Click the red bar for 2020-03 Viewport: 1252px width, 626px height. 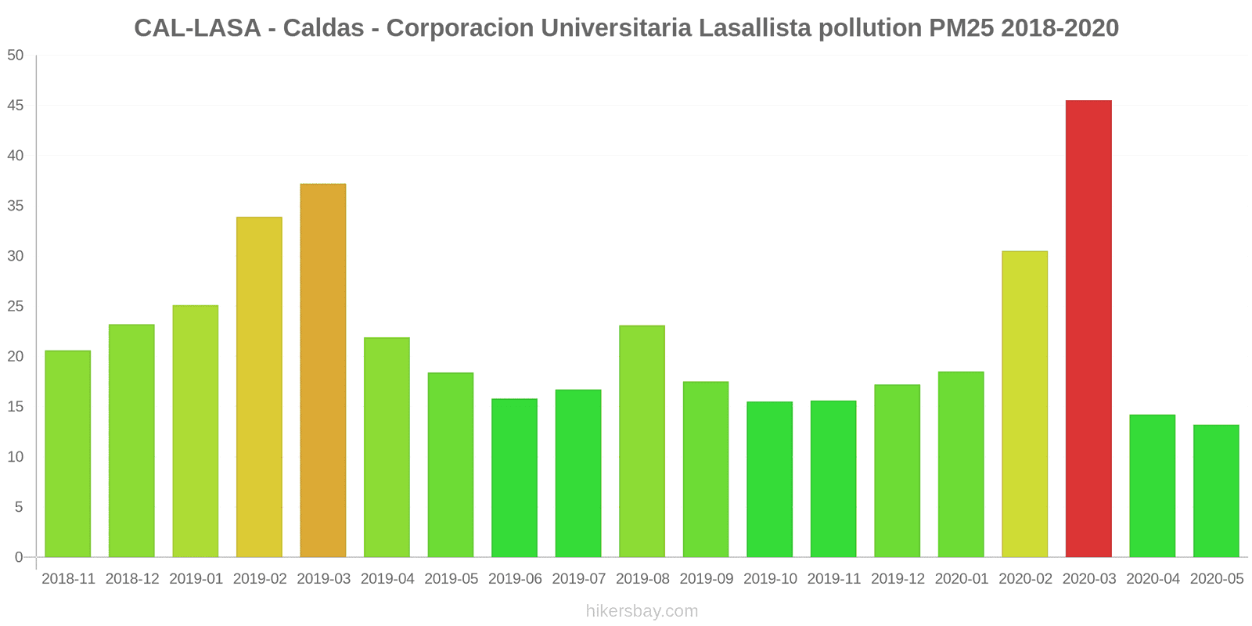(1088, 329)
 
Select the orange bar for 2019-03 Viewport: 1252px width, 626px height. (323, 371)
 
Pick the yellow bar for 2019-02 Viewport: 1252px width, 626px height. (259, 387)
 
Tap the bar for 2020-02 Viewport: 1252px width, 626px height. (1024, 405)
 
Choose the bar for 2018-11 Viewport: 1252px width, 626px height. (68, 454)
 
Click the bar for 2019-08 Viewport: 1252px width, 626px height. (642, 441)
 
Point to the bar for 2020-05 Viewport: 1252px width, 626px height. (1216, 491)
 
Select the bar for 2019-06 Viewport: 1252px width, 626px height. (514, 478)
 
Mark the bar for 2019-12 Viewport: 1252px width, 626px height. (897, 471)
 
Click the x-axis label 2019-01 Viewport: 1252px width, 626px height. (196, 579)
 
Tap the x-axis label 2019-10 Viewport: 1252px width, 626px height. (770, 579)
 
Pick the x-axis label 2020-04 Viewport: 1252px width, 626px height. (1153, 579)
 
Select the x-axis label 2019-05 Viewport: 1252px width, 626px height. (451, 579)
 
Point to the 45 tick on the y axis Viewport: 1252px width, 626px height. (16, 106)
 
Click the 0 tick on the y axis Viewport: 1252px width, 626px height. (19, 557)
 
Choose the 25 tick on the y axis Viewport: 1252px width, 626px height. (16, 306)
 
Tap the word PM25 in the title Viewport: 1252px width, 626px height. (961, 28)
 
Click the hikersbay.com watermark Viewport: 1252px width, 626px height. (642, 611)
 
